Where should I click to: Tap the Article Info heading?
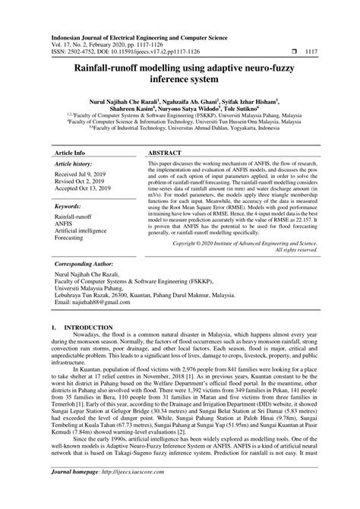coord(73,153)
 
